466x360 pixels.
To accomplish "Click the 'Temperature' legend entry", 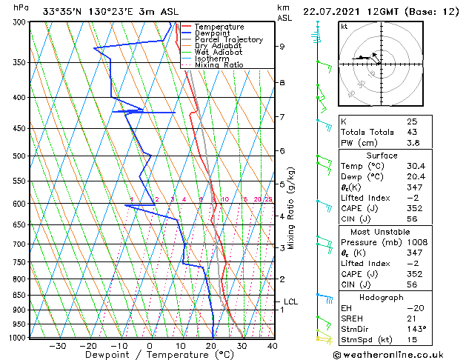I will coord(219,27).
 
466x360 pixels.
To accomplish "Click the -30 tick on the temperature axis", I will coord(57,345).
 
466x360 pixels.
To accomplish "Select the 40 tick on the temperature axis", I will coord(273,345).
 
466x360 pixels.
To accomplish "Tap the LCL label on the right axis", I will coord(290,301).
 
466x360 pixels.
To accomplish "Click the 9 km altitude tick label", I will coord(282,46).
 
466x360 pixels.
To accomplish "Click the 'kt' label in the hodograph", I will coord(344,27).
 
